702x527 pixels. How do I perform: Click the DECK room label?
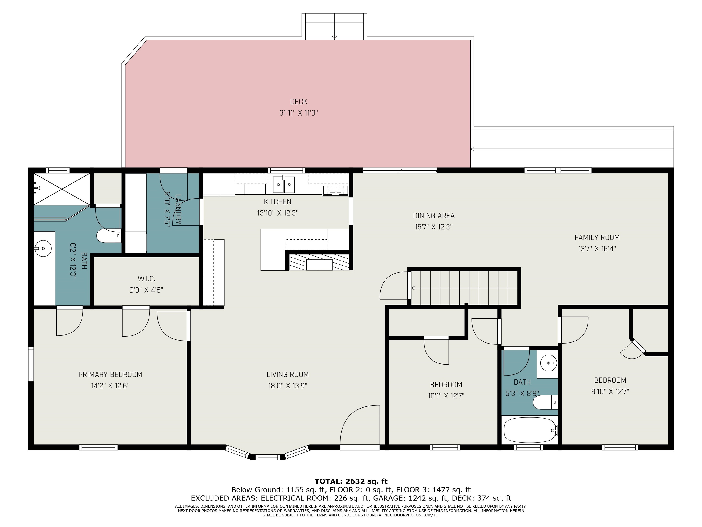299,102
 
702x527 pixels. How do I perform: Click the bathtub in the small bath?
530,430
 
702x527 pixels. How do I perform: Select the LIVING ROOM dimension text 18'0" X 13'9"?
287,386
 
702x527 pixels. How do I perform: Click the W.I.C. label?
146,279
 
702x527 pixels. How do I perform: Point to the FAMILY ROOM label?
597,237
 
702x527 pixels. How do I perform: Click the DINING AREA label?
433,216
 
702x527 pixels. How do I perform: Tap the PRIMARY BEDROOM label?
110,374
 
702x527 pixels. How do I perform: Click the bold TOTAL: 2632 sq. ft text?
351,481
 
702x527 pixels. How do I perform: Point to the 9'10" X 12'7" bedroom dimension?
610,391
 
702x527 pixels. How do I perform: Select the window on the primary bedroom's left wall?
31,364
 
